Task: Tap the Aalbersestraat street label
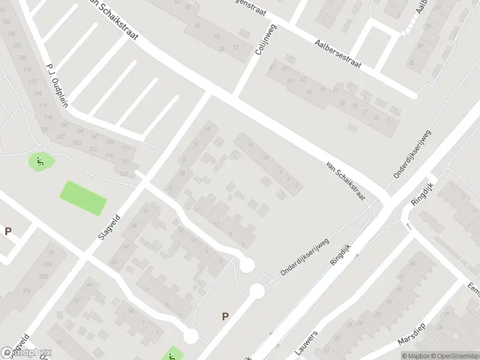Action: (x=338, y=54)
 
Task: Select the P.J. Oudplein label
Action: (x=57, y=84)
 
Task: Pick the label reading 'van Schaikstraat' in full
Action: (x=346, y=180)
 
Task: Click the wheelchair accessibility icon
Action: (x=40, y=161)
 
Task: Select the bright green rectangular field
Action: (x=83, y=197)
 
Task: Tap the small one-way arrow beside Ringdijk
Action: (x=409, y=226)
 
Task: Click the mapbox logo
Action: (x=26, y=353)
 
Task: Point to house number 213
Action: (x=93, y=149)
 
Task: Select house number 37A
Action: (x=26, y=290)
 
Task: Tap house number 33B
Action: (x=44, y=277)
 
